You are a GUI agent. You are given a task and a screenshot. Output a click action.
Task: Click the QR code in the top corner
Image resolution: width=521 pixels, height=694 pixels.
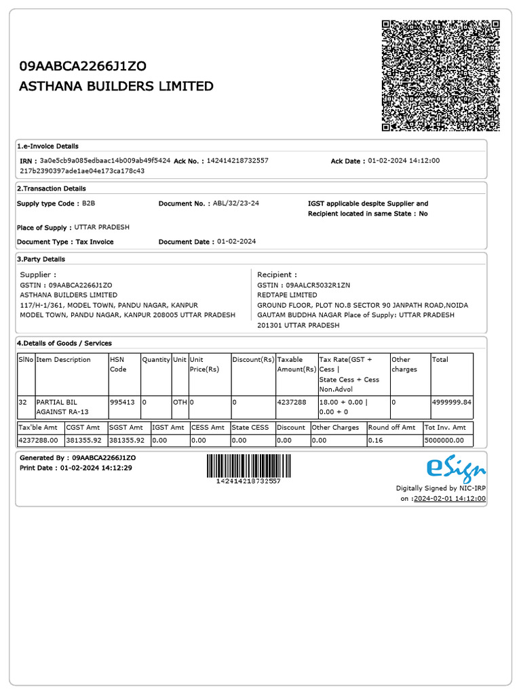441,75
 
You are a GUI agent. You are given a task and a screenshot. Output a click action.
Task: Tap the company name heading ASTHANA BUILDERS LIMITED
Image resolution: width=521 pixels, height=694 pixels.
116,87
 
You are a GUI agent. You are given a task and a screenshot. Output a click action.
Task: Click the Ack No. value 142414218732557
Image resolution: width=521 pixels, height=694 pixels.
237,161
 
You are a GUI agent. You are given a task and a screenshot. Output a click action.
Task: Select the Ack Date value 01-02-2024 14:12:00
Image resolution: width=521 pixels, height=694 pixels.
404,161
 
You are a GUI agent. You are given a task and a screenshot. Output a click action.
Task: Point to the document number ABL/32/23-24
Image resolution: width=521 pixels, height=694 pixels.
235,203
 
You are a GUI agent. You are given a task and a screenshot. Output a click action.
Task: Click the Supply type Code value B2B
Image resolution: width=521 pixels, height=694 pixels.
89,203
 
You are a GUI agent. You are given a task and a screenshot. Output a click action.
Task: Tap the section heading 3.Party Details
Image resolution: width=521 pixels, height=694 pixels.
41,259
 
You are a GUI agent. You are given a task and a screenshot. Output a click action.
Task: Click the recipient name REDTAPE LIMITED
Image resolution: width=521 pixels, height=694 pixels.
287,295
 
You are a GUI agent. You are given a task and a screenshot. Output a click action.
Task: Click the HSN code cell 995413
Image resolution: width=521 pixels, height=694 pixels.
122,402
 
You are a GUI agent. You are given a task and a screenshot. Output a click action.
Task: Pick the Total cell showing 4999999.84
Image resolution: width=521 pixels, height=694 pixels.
451,402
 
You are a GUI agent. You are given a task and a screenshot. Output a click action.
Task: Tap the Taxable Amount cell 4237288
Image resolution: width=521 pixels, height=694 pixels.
292,402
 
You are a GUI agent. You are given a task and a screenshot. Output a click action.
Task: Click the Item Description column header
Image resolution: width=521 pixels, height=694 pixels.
63,359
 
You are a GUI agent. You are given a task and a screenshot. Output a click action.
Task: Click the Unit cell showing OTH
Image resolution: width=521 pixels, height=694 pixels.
179,402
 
